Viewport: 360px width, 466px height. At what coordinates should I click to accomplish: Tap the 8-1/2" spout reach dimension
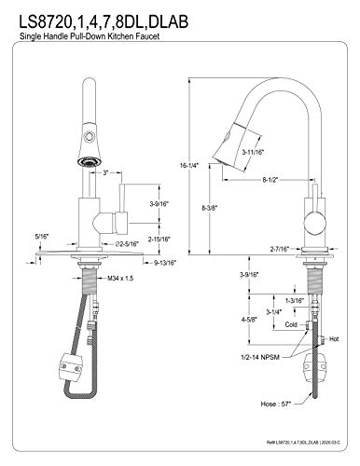tap(270, 180)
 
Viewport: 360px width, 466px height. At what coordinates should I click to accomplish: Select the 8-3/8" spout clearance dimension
tap(210, 207)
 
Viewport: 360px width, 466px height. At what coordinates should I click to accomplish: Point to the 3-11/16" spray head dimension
tap(253, 152)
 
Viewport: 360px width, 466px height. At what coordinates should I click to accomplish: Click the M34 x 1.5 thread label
tap(120, 279)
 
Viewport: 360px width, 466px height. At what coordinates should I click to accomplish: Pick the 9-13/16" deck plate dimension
tap(165, 263)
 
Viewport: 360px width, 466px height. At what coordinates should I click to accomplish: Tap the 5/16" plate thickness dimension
tap(42, 237)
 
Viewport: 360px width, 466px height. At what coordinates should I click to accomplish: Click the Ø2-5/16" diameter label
tap(127, 244)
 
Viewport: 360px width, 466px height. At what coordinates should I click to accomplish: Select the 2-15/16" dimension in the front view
tap(159, 240)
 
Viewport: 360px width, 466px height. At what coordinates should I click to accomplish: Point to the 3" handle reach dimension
tap(105, 172)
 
